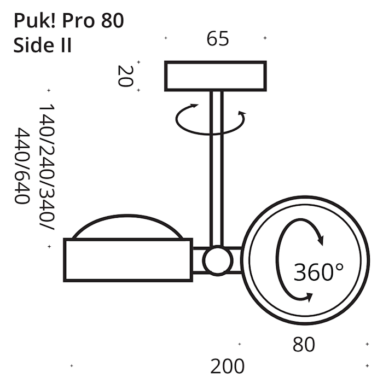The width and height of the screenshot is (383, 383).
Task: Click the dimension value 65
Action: click(218, 39)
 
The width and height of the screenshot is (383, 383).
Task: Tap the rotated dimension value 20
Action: click(125, 76)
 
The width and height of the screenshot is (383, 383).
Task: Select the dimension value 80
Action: click(304, 345)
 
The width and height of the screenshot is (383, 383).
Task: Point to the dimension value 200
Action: click(227, 367)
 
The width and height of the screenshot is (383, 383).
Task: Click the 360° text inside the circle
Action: click(318, 272)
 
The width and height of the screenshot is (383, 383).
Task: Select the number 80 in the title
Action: click(112, 21)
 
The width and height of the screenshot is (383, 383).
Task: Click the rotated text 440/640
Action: click(22, 166)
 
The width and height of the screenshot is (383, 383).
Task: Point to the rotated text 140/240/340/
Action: click(47, 167)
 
